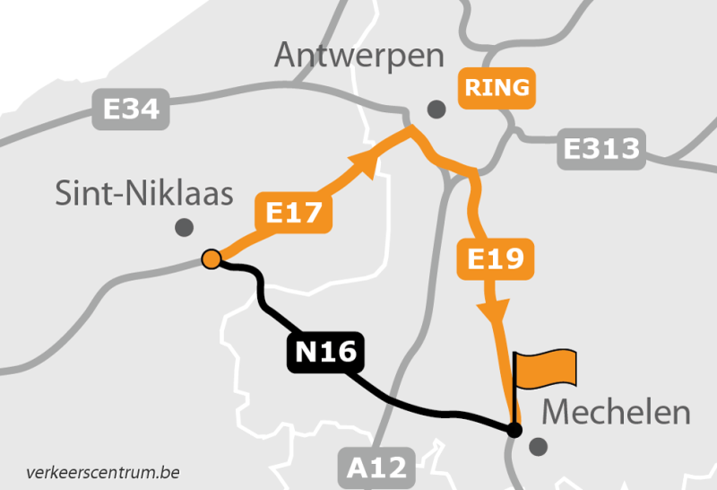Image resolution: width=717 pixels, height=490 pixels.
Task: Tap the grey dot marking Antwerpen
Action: (436, 109)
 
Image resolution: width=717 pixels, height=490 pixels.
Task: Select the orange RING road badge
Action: (497, 89)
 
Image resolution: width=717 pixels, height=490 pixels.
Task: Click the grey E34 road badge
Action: (131, 109)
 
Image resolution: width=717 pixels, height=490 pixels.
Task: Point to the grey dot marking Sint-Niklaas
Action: (185, 226)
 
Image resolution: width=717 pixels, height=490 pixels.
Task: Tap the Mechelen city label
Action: (617, 413)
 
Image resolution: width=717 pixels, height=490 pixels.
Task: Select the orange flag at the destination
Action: (547, 369)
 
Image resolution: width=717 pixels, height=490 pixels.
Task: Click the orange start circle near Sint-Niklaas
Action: (212, 259)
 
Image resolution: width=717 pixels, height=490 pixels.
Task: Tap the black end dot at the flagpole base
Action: (514, 430)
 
